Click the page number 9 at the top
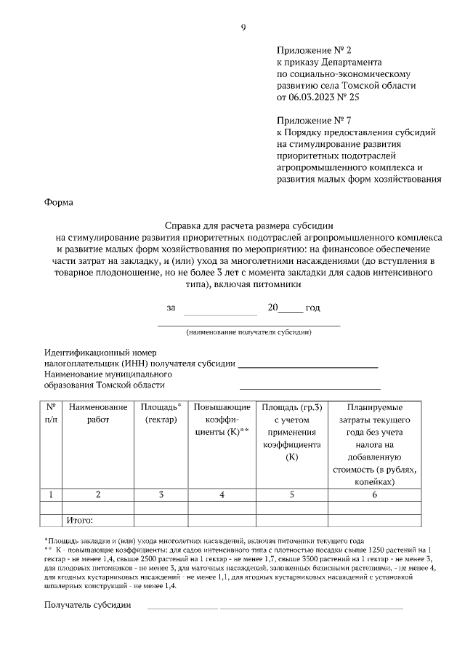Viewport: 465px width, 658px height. point(243,28)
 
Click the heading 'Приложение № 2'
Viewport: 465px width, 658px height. point(313,50)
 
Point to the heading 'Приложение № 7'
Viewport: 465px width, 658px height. point(313,120)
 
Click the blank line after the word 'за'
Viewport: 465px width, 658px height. point(220,308)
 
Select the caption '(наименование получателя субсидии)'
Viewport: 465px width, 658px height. point(249,332)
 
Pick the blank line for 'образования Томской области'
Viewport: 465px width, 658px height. point(309,386)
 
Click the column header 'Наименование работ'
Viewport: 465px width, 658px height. point(99,414)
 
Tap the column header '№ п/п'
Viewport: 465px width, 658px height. point(51,414)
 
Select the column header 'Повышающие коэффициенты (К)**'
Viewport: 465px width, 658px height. point(222,420)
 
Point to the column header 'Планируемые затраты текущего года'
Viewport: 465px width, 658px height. point(374,444)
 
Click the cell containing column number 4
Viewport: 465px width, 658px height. point(222,494)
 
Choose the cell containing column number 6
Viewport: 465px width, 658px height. point(374,494)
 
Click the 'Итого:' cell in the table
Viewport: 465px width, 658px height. point(81,521)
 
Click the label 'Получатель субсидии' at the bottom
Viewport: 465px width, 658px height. point(87,605)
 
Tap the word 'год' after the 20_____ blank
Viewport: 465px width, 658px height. point(312,308)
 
